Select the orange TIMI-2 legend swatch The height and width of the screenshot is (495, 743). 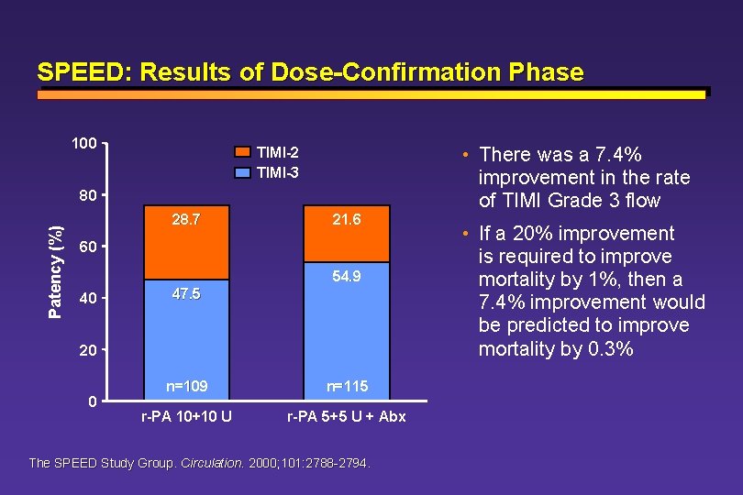tap(241, 152)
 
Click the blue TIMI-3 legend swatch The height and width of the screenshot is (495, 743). tap(241, 171)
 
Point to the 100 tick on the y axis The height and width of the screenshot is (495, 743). tap(85, 144)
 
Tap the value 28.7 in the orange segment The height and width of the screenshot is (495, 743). tap(186, 221)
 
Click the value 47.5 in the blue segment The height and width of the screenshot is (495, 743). tap(186, 294)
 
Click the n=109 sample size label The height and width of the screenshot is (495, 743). tap(186, 386)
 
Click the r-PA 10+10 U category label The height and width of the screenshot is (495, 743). tap(186, 417)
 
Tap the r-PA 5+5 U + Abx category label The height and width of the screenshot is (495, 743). tap(346, 417)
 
